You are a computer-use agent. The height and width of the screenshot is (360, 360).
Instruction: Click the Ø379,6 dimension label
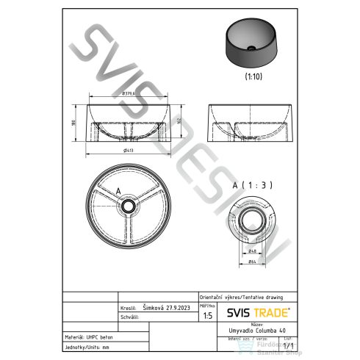coord(132,93)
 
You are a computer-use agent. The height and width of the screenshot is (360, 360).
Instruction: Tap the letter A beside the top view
coord(118,190)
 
